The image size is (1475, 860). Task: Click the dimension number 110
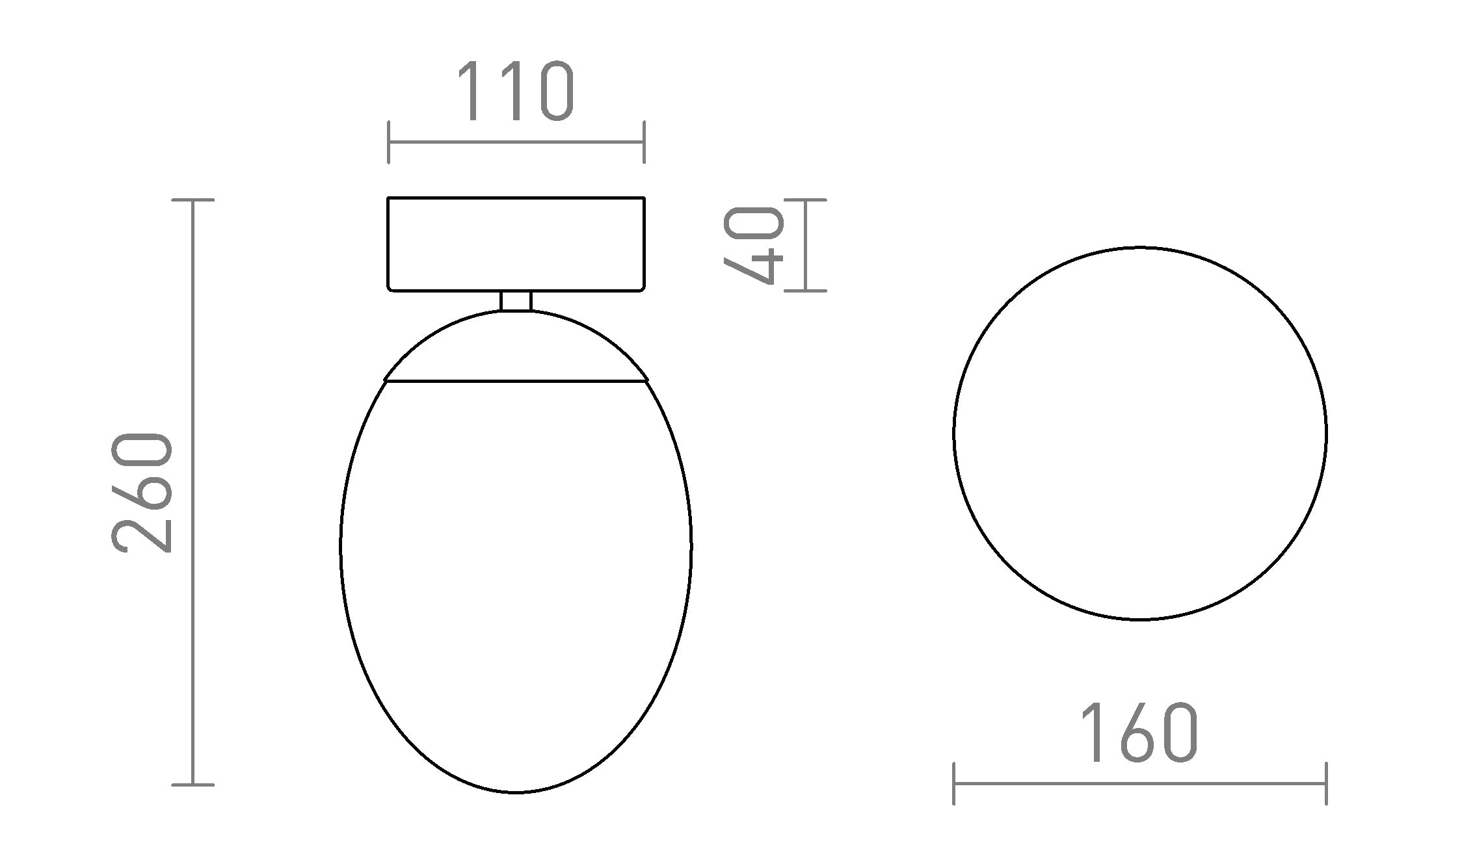point(516,92)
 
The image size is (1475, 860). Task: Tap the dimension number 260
point(142,492)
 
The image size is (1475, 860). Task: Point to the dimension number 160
point(1139,733)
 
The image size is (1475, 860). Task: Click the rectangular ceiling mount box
point(516,244)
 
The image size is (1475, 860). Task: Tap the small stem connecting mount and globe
point(516,301)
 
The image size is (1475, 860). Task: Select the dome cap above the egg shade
point(516,348)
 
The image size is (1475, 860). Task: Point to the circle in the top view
point(1139,434)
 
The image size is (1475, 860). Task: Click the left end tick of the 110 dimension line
point(388,142)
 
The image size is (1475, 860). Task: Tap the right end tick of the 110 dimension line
point(644,142)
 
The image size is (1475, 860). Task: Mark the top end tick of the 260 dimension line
point(193,200)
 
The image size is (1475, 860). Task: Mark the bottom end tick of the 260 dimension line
point(193,785)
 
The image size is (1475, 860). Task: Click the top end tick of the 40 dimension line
point(806,200)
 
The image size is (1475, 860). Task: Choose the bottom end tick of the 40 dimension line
point(806,291)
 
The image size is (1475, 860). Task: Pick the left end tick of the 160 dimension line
point(953,784)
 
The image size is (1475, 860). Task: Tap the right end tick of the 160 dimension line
point(1326,784)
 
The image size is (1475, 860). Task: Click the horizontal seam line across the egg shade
point(516,382)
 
